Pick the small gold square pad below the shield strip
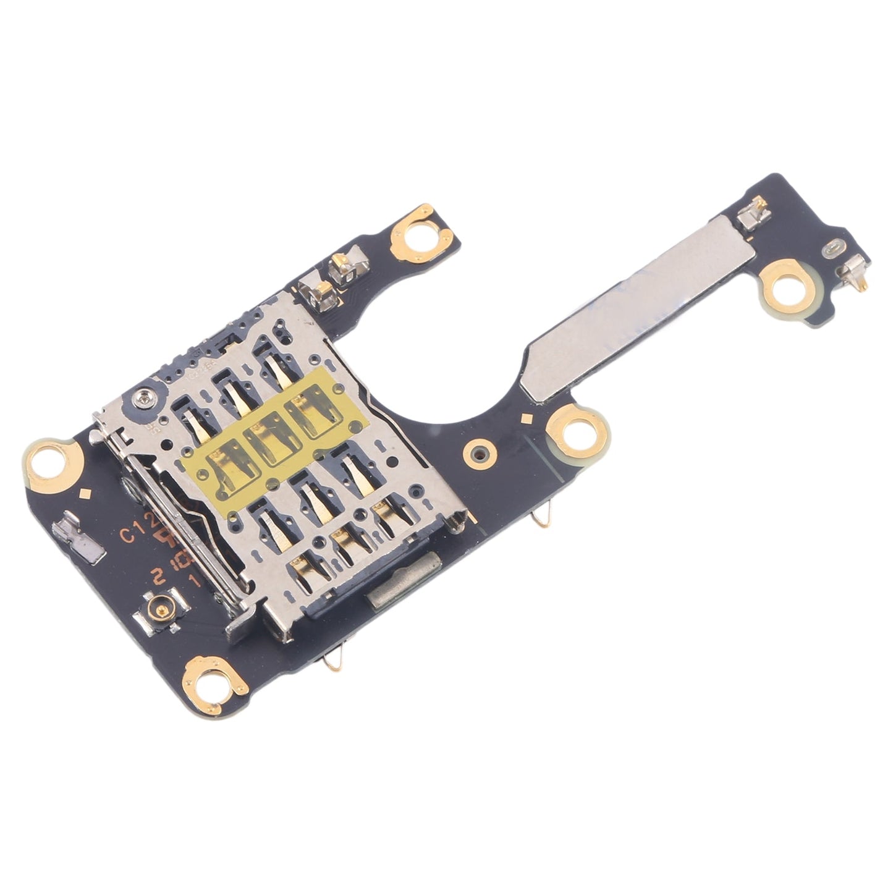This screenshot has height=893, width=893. (x=527, y=418)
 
